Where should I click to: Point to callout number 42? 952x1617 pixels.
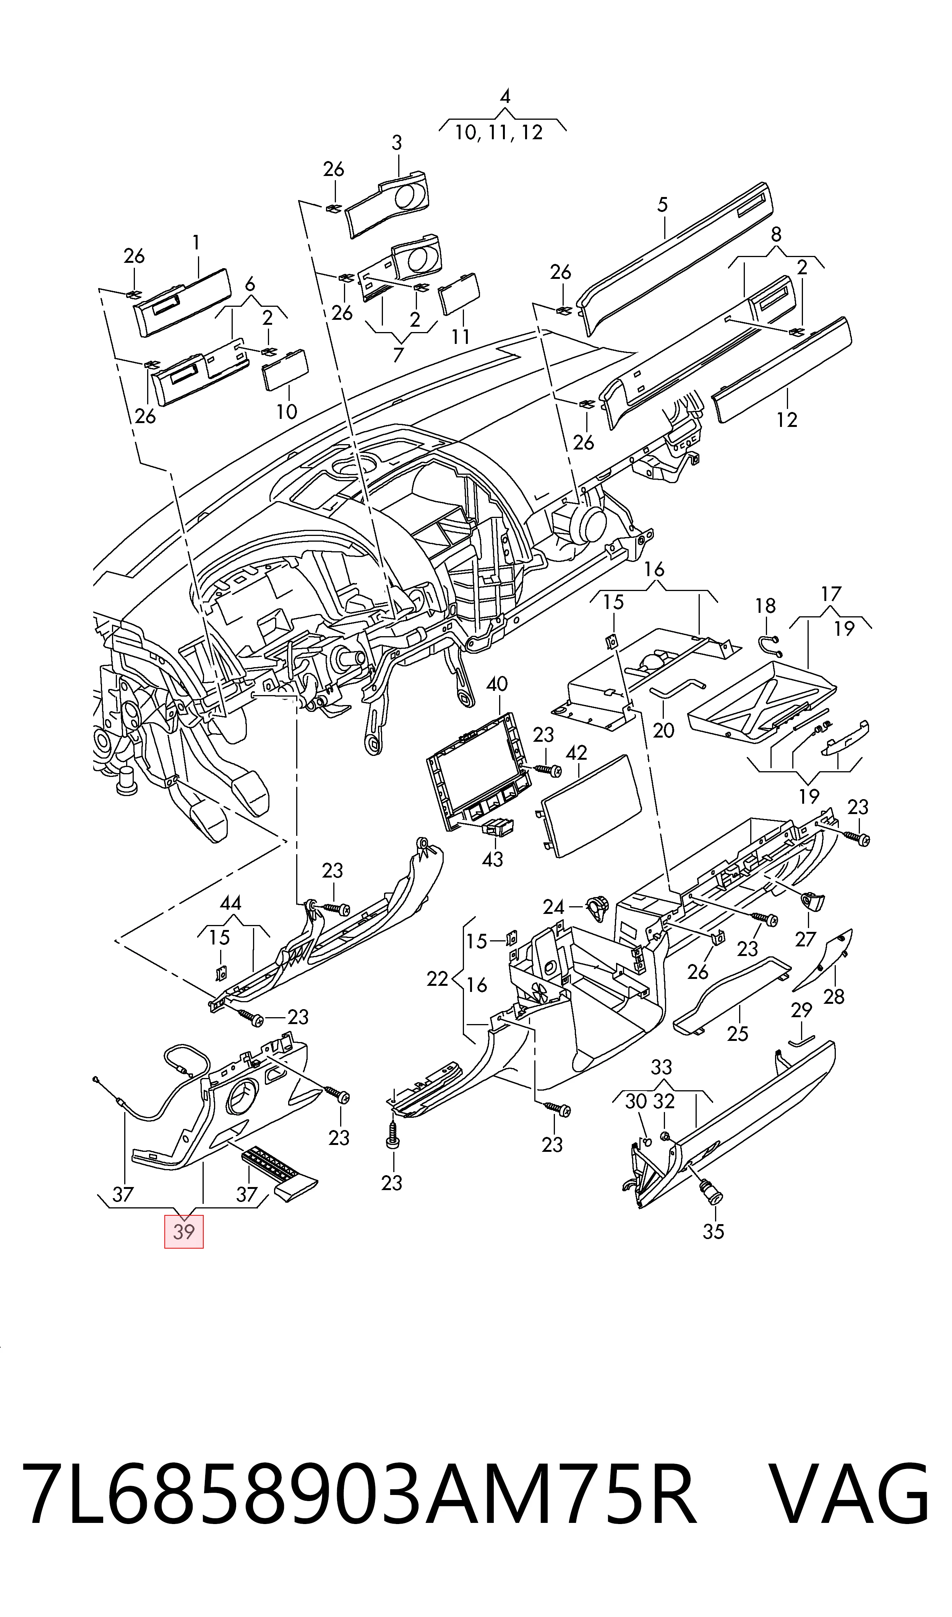click(x=577, y=753)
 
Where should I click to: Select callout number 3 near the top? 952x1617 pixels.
click(x=397, y=143)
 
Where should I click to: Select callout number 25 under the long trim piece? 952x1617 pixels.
click(x=738, y=1034)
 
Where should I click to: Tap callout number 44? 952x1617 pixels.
click(x=231, y=903)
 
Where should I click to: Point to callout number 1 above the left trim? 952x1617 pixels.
click(x=196, y=243)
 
